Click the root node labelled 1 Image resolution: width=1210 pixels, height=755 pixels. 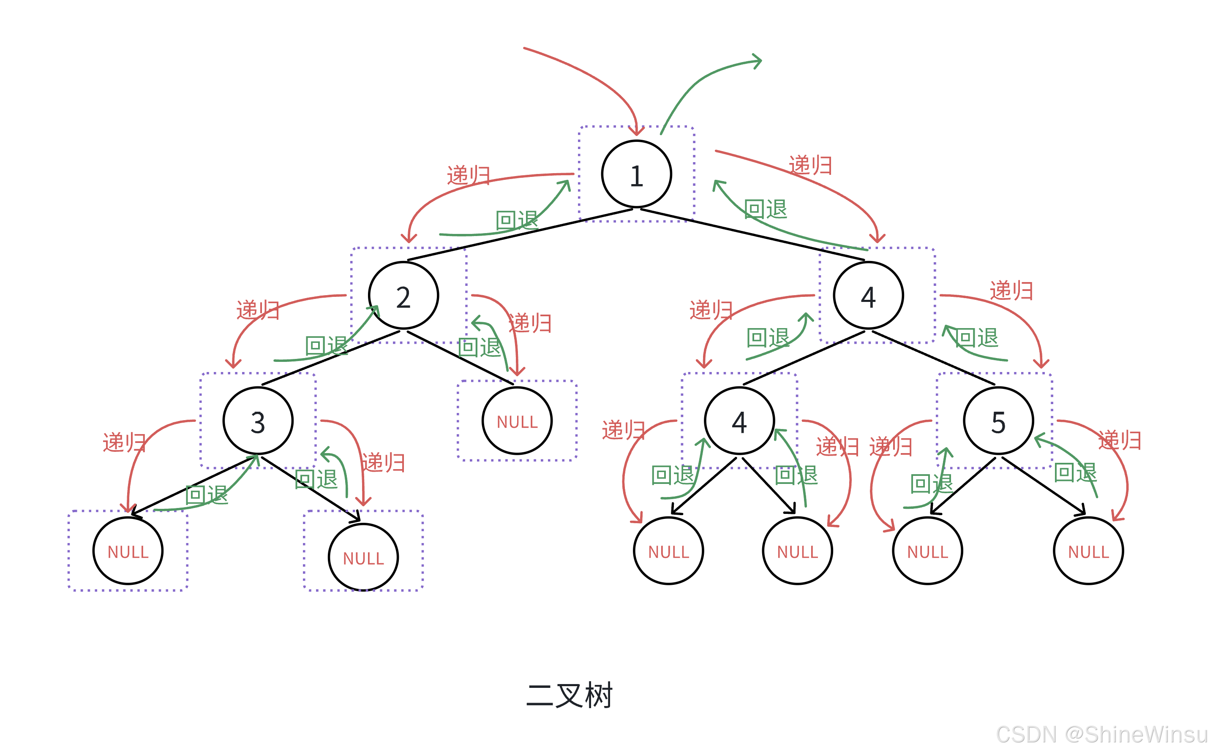636,174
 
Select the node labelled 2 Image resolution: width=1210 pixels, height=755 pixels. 403,296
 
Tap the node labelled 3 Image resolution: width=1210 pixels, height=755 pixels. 258,421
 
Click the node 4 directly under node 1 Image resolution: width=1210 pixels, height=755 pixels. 868,296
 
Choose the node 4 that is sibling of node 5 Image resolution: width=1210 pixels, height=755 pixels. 739,421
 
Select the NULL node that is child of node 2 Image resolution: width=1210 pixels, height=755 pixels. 517,421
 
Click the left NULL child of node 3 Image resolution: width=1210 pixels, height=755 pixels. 128,551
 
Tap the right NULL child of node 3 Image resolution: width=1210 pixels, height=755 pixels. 363,557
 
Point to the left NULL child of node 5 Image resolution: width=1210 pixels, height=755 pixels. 927,551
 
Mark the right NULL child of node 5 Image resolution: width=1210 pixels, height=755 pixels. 1088,551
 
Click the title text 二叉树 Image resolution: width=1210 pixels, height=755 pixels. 569,695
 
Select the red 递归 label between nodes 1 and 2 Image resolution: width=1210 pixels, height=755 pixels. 468,175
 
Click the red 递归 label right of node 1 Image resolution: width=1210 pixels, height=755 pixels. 810,165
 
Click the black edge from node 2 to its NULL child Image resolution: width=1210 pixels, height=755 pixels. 460,357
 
